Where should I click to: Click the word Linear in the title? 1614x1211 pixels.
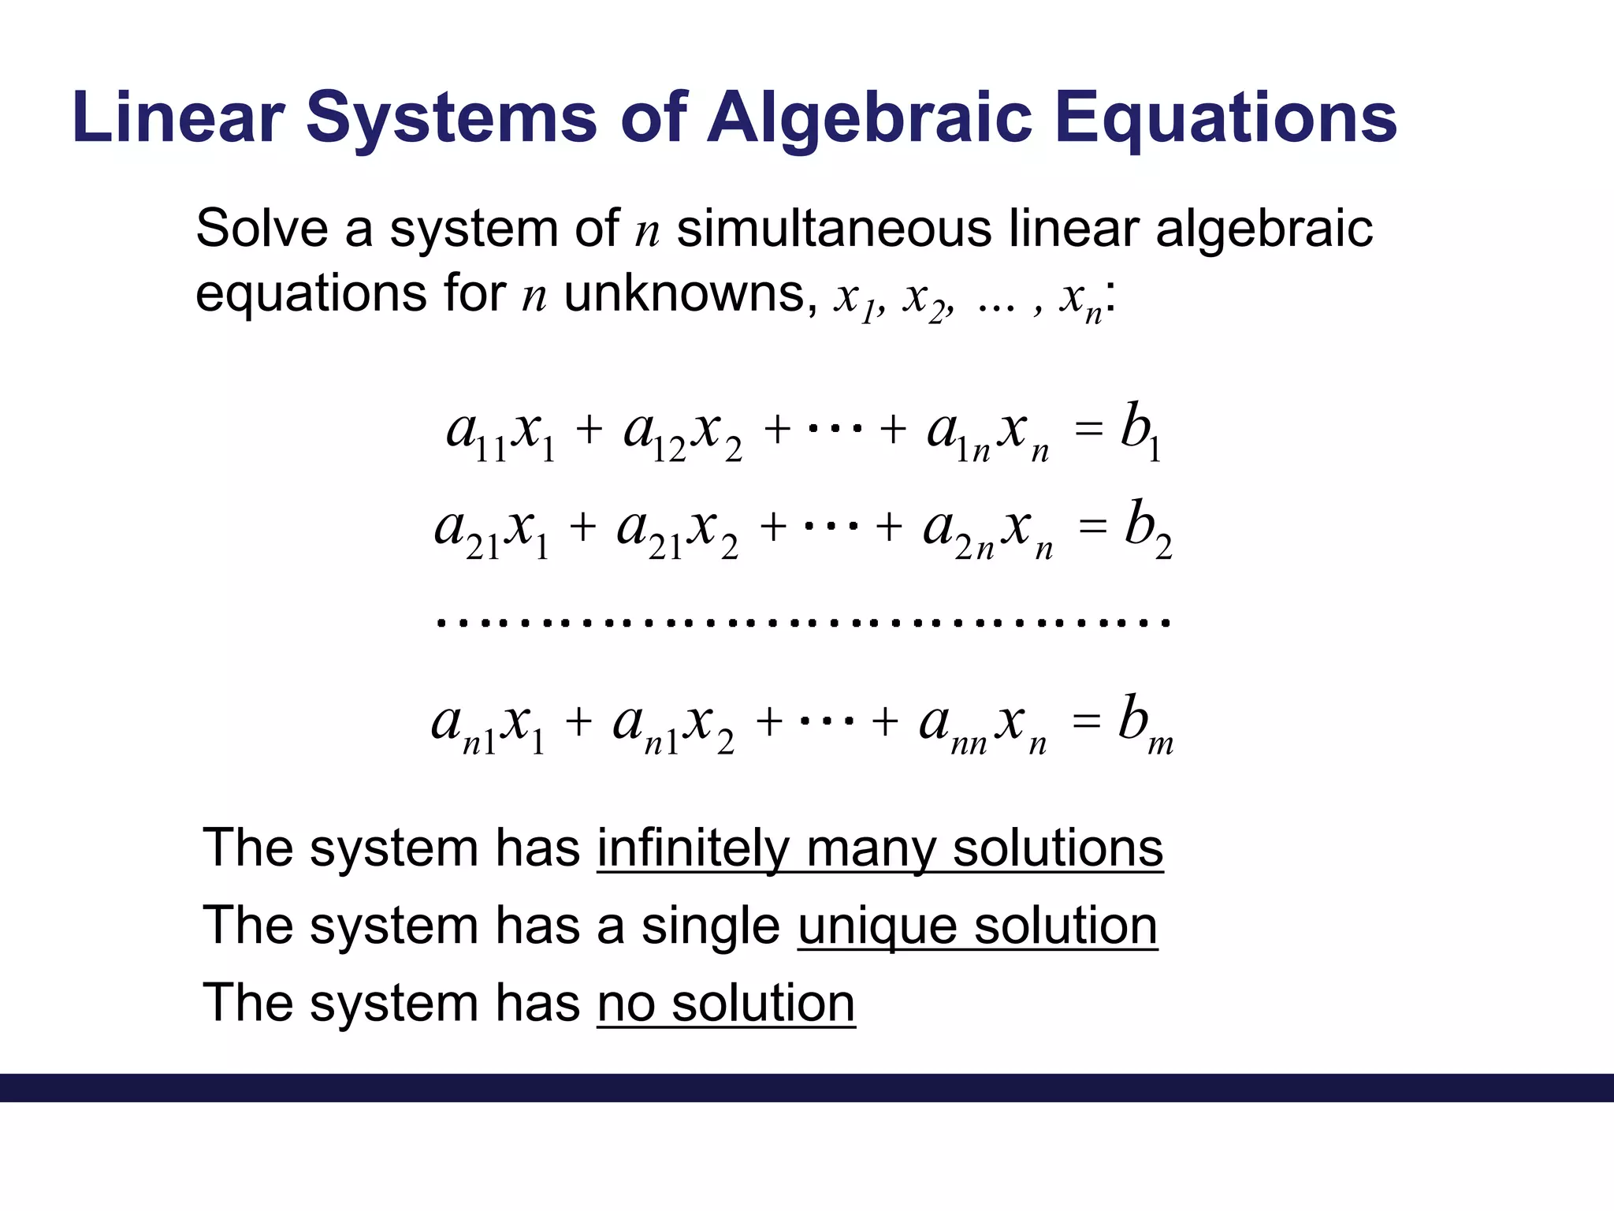tap(177, 118)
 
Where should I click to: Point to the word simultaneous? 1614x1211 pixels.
tap(834, 229)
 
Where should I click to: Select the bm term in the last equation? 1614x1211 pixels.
tap(1144, 724)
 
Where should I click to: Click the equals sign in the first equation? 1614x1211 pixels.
tap(1088, 430)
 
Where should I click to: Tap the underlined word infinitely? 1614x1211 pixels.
tap(693, 849)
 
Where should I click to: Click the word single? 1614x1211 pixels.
tap(710, 926)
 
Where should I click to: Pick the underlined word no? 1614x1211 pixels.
tap(626, 1004)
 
